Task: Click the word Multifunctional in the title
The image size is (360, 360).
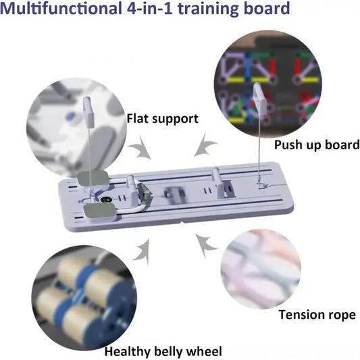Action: click(x=61, y=8)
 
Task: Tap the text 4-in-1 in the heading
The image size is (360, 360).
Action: click(x=149, y=8)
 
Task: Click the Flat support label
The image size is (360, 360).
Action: click(x=163, y=119)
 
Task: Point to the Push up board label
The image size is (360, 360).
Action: click(x=317, y=145)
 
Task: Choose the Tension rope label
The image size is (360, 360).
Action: click(x=317, y=314)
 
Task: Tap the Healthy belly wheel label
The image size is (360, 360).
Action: click(x=163, y=351)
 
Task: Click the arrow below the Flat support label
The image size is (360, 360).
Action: click(x=140, y=147)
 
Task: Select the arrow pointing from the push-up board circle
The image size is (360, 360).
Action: click(x=205, y=145)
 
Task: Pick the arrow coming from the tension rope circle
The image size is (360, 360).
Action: click(x=206, y=246)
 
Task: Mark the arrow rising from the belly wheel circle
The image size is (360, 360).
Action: click(x=142, y=252)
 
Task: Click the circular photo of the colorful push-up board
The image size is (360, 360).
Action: click(x=267, y=84)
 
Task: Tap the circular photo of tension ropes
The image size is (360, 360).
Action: click(x=261, y=269)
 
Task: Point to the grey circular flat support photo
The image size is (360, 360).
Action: click(x=76, y=128)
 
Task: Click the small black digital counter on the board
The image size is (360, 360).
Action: click(x=106, y=199)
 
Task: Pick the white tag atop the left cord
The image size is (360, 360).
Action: click(x=88, y=113)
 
